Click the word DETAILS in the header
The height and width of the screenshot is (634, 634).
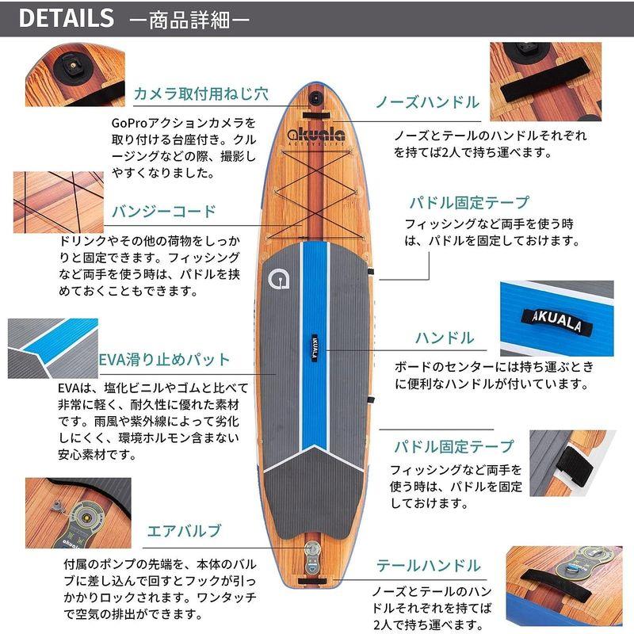click(x=66, y=19)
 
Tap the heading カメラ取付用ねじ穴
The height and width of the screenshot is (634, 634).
click(x=201, y=93)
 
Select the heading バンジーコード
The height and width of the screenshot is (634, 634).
click(x=164, y=212)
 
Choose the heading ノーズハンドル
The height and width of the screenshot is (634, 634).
click(x=427, y=101)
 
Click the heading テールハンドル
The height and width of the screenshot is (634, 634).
click(x=429, y=566)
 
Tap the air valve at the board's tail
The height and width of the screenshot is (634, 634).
click(x=316, y=554)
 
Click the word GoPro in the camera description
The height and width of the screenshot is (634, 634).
click(x=131, y=124)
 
